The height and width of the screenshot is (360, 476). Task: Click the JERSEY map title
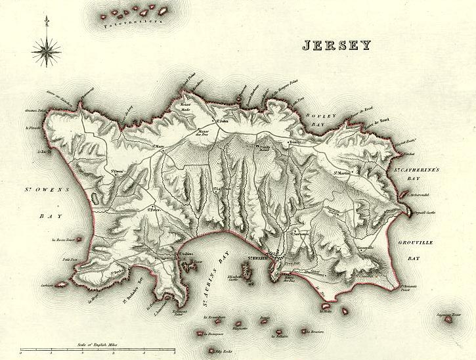point(336,45)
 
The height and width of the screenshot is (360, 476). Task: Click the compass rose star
point(46,48)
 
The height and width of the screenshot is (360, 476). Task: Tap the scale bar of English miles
point(97,351)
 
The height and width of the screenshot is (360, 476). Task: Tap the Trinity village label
point(294,142)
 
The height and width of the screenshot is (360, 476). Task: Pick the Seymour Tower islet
point(449,318)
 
